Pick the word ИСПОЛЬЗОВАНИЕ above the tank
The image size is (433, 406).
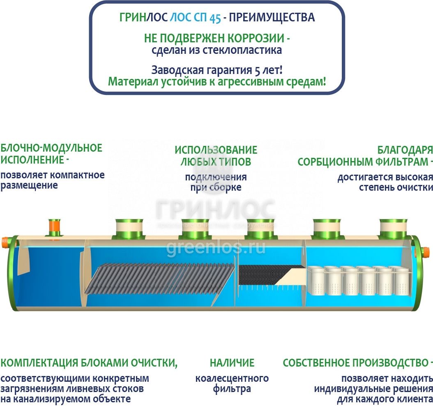point(216,150)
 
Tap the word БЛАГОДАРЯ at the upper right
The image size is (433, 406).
point(405,150)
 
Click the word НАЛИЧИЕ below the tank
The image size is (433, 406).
point(232,363)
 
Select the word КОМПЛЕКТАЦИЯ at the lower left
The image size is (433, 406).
point(39,363)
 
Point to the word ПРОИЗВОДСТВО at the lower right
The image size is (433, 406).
point(388,363)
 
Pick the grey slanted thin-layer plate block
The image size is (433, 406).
point(160,284)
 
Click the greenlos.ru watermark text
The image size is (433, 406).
point(216,248)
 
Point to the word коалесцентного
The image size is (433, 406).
point(232,378)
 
